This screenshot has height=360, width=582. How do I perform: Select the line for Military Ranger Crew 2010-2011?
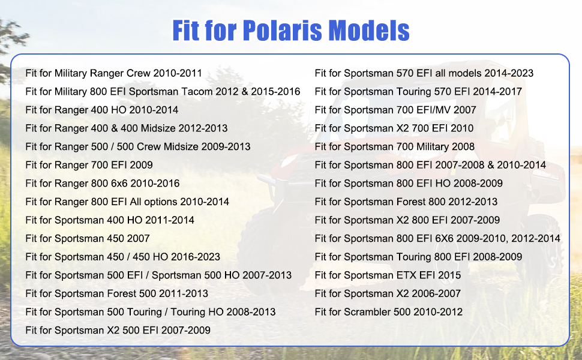pos(113,73)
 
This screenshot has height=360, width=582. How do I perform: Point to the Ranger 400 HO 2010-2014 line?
pos(102,110)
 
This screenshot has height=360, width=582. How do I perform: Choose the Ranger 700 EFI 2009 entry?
pos(89,165)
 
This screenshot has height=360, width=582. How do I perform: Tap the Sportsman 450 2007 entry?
pos(88,238)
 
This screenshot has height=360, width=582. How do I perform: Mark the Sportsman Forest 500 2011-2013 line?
pos(116,293)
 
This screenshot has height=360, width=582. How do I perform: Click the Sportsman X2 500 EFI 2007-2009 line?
pos(118,331)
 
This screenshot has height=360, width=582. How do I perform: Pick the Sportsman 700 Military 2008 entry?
pos(395,146)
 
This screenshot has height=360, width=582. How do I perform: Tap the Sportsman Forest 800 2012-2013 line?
pos(406,202)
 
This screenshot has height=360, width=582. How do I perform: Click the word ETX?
pos(406,275)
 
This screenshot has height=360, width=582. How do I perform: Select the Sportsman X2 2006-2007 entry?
pos(388,293)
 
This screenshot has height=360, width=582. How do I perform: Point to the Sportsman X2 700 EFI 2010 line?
pos(394,128)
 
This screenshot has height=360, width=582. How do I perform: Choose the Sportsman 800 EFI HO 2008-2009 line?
pos(409,184)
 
